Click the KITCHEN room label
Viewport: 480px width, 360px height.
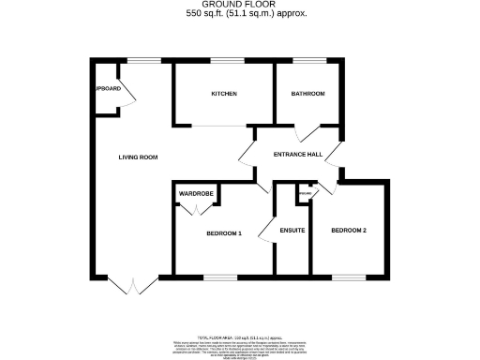tap(223, 94)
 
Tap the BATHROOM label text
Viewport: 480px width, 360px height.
tap(307, 94)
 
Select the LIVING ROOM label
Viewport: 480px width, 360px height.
tap(137, 157)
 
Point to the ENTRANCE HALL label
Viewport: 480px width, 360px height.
tap(296, 155)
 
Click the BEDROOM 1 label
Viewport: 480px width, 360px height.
tap(223, 232)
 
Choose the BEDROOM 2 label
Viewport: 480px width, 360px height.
tap(347, 230)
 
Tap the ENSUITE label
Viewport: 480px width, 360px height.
tap(293, 230)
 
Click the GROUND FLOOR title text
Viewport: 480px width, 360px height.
tap(241, 6)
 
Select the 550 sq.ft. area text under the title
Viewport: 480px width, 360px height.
tap(241, 15)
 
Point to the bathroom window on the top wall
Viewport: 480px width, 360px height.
tap(307, 62)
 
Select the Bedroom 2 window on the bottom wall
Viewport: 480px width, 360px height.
tap(349, 277)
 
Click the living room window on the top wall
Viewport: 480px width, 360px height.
tap(142, 62)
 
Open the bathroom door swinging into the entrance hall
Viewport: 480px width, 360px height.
tap(306, 133)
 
